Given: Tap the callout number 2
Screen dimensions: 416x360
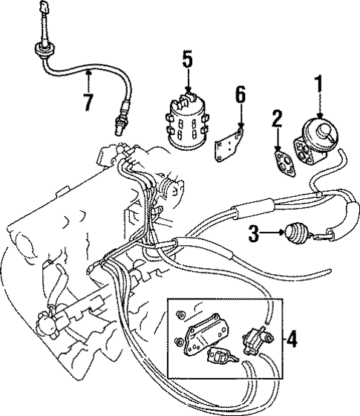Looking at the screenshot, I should tap(276, 118).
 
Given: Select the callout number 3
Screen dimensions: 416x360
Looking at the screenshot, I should tap(253, 235).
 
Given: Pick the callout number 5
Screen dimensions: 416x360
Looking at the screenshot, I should tap(187, 59).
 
